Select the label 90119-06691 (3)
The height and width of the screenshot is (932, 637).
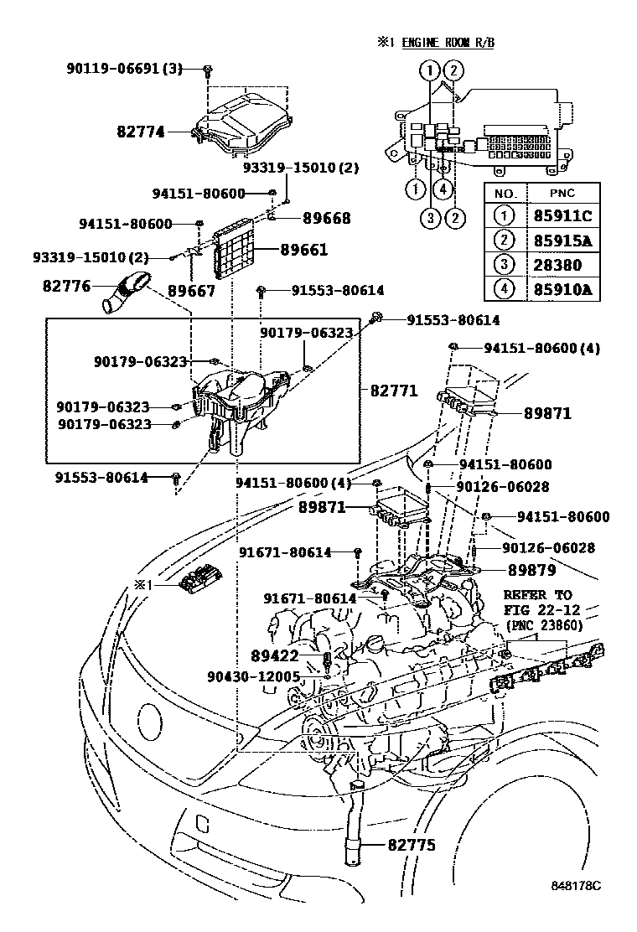[x=124, y=68]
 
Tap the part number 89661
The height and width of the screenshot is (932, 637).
[x=303, y=250]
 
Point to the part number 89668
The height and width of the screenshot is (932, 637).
[x=303, y=218]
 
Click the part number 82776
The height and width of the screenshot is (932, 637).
[x=66, y=286]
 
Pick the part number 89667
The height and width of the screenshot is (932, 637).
[x=191, y=291]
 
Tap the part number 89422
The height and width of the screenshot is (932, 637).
[x=273, y=655]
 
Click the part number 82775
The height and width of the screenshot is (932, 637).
[x=412, y=846]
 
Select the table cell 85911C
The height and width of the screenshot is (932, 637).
[x=563, y=215]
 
